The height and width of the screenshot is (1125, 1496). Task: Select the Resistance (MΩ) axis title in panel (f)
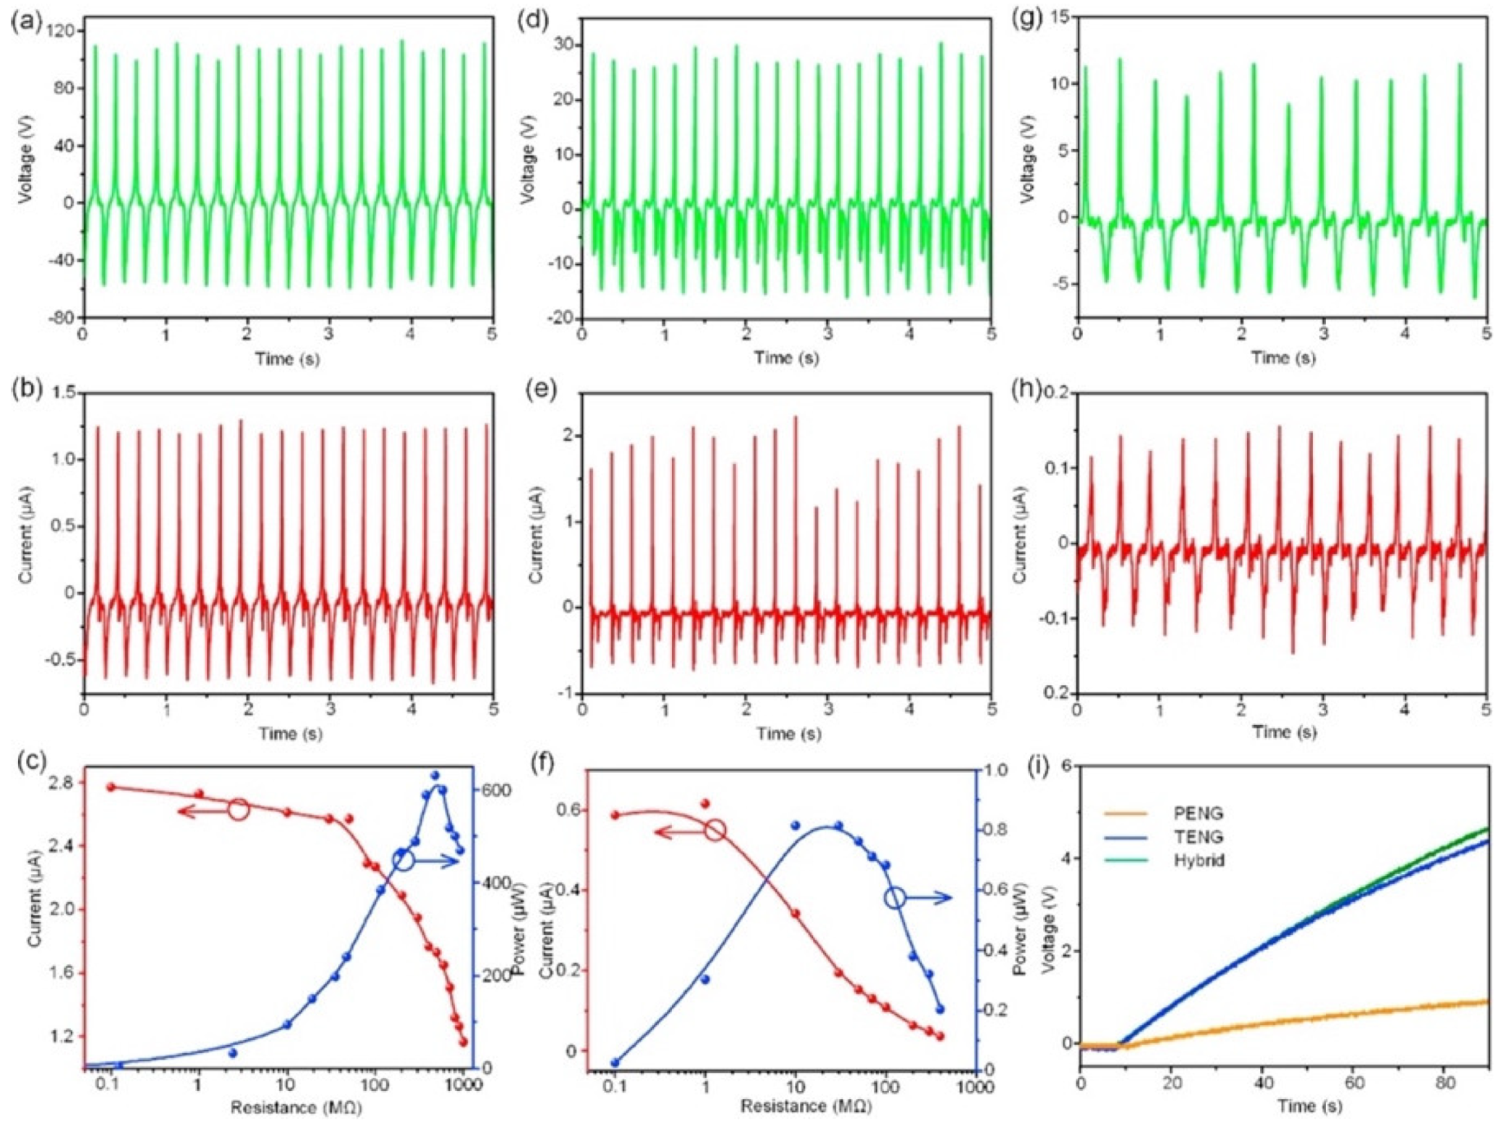806,1106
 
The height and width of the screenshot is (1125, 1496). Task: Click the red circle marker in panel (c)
239,809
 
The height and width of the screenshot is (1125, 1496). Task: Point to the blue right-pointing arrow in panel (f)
933,899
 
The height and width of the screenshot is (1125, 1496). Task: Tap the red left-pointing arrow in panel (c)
200,812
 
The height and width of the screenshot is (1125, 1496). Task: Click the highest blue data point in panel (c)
436,775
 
